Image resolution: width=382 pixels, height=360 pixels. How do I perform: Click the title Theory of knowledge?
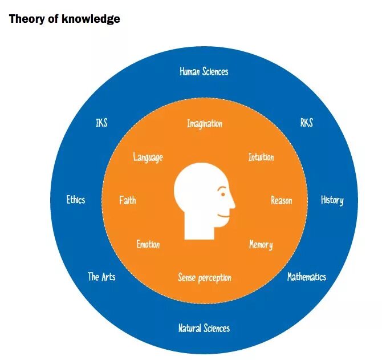tap(64, 19)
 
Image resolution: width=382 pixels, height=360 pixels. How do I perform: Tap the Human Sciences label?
tap(204, 72)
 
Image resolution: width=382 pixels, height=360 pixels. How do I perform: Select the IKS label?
tap(101, 123)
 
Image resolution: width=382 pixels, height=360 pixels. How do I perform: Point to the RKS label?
tap(306, 123)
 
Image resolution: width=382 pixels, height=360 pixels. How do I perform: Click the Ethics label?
tap(76, 200)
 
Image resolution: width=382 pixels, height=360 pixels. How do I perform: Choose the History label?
tap(332, 200)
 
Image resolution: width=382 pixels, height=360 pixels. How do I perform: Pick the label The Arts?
tap(101, 277)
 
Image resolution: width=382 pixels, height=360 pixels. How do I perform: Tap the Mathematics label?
tap(306, 277)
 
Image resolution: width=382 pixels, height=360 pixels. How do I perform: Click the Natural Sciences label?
tap(204, 329)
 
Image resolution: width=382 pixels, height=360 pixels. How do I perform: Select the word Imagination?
tap(205, 124)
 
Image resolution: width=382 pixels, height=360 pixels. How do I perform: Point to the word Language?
tap(148, 157)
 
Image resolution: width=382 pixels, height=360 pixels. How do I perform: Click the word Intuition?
tap(261, 157)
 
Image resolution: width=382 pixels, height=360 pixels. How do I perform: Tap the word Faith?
tap(128, 201)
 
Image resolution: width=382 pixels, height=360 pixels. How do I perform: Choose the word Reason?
tap(281, 201)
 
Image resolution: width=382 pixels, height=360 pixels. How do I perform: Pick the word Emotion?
tap(148, 245)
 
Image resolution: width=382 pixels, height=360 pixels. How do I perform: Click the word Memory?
tap(261, 245)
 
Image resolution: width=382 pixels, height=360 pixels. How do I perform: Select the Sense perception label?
tap(204, 278)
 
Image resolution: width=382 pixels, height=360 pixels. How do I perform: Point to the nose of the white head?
tap(233, 204)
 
